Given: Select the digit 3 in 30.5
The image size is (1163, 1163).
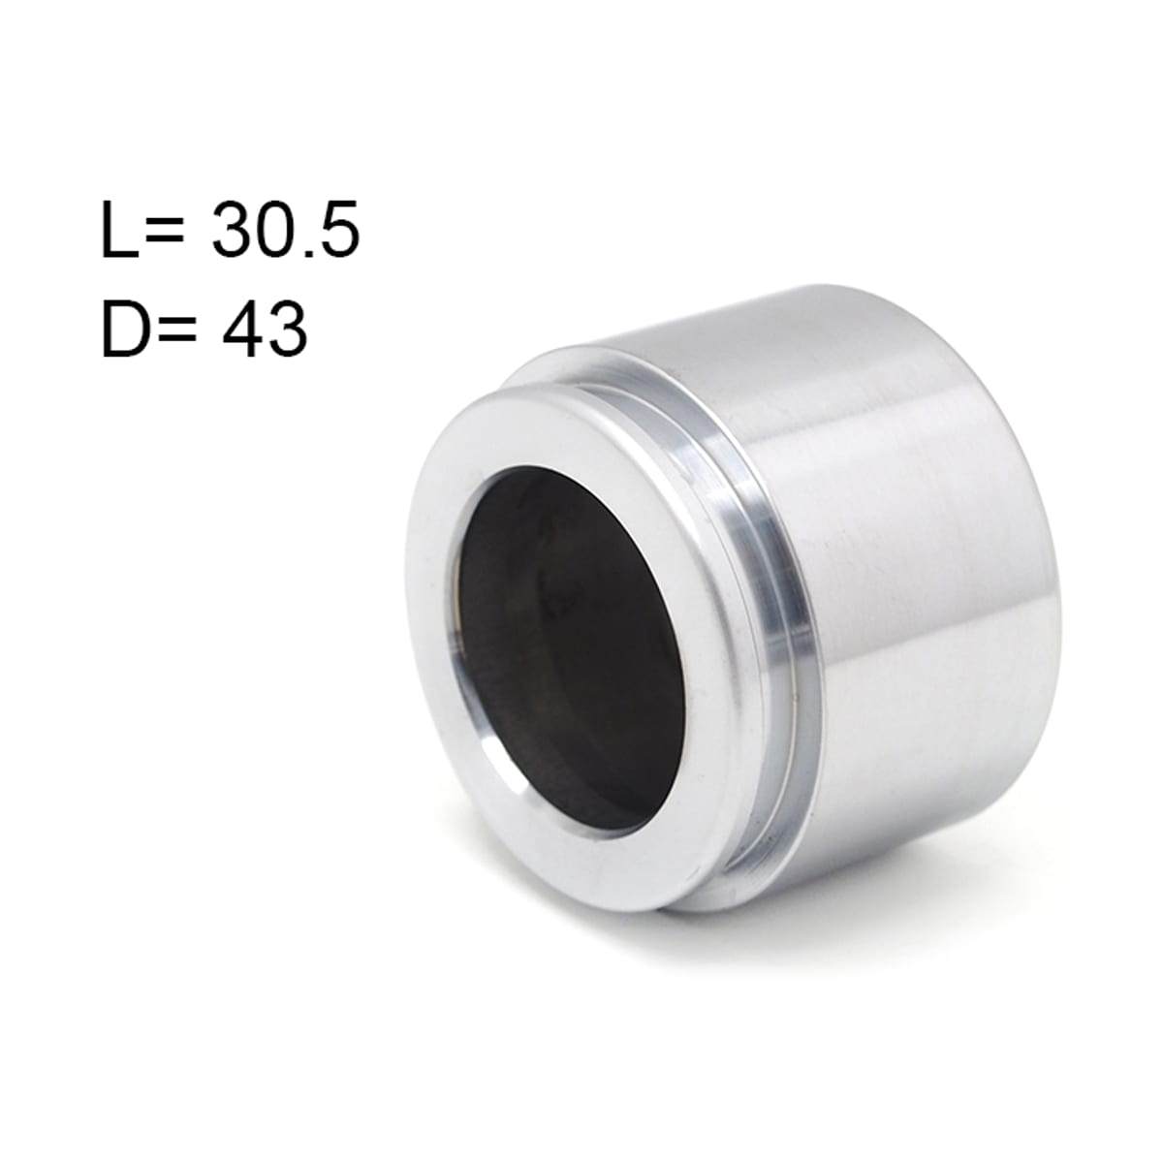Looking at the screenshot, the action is tap(233, 233).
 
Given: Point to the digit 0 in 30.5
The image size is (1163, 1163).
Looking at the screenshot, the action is tap(279, 233).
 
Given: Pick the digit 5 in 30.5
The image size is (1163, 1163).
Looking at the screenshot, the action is tap(341, 233).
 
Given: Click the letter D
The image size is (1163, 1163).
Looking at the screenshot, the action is tap(124, 329).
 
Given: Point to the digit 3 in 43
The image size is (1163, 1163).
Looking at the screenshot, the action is tap(287, 330).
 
